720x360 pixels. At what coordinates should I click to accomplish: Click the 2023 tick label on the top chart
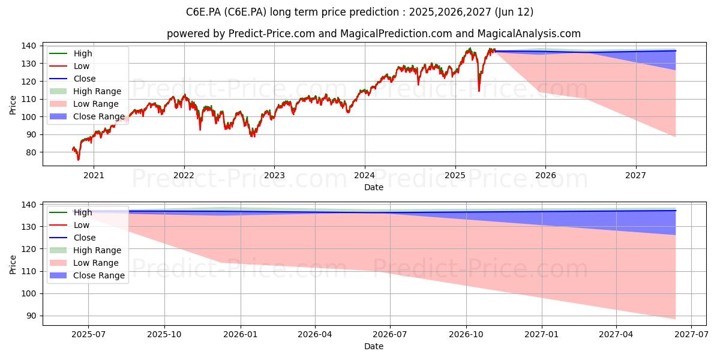pos(274,175)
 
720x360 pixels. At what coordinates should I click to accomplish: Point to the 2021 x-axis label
pos(94,175)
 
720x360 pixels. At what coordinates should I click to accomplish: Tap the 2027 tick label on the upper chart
pos(635,175)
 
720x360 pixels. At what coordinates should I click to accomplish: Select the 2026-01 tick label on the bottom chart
pos(241,335)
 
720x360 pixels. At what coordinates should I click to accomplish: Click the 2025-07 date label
pos(88,335)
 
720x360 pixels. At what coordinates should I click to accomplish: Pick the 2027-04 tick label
pos(616,335)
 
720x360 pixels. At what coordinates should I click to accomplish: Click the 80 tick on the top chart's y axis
pos(31,152)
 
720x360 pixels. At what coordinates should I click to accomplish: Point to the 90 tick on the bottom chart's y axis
pos(31,316)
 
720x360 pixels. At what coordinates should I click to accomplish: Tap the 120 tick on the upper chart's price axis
pos(28,82)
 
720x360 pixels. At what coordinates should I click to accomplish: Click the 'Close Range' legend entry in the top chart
pos(87,116)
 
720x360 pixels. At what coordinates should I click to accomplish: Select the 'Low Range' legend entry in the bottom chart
pos(84,263)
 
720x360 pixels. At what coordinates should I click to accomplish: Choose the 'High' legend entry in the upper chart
pos(70,53)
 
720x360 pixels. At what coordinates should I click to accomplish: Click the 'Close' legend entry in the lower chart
pos(73,238)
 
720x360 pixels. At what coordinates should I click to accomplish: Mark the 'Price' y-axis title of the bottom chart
pos(13,265)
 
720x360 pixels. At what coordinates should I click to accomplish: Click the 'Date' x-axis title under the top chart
pos(373,187)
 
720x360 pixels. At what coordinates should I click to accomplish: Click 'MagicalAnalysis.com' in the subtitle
pos(529,34)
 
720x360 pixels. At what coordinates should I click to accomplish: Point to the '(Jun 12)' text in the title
pos(514,12)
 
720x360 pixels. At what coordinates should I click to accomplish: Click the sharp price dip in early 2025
pos(479,91)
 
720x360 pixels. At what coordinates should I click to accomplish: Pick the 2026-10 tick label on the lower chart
pos(466,335)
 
